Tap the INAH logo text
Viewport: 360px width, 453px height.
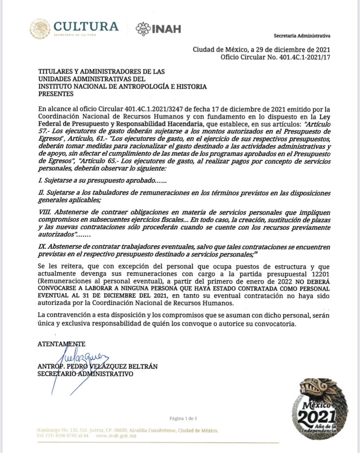tap(166, 29)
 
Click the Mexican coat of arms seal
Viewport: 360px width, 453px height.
tap(40, 28)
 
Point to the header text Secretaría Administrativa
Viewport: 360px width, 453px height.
tap(302, 36)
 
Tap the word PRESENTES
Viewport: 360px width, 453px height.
tap(56, 94)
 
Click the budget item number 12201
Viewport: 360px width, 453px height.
tap(320, 274)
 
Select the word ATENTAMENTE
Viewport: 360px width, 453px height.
tap(61, 344)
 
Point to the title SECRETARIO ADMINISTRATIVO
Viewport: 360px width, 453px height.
tap(85, 374)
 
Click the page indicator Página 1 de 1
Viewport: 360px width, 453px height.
tap(183, 418)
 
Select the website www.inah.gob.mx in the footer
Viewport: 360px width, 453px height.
tap(112, 435)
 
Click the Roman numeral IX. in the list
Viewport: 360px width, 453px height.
tap(42, 247)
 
